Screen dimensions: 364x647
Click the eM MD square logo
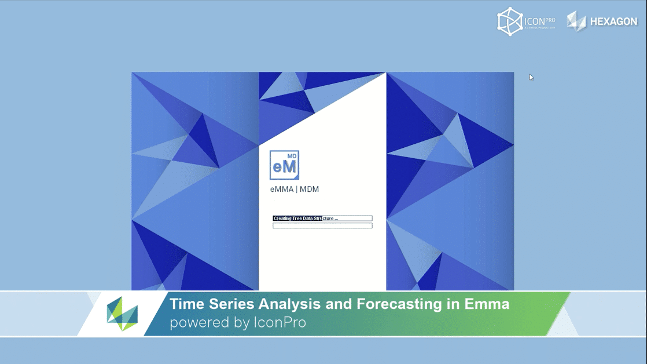(x=284, y=165)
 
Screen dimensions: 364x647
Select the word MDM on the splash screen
(x=309, y=190)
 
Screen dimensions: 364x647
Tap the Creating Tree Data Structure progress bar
(x=322, y=219)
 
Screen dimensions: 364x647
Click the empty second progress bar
(x=322, y=225)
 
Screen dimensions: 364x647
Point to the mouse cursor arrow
(x=531, y=77)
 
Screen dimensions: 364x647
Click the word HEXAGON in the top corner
(x=613, y=21)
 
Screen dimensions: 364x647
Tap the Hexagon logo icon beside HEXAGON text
(x=576, y=21)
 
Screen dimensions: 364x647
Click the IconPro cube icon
(x=509, y=21)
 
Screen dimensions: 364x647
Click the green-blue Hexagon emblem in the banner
(x=122, y=314)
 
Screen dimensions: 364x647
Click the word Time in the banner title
(x=186, y=304)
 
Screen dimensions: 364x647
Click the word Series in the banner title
(x=229, y=304)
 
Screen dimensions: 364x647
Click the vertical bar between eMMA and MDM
(x=296, y=190)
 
